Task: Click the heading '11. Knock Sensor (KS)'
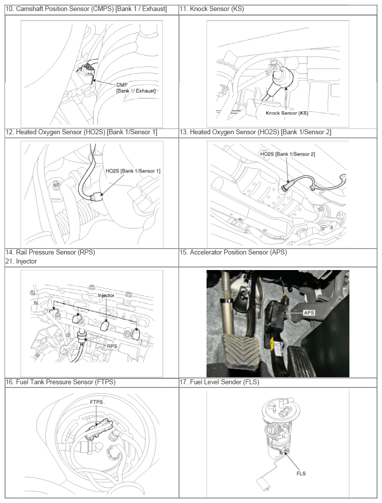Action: [x=212, y=9]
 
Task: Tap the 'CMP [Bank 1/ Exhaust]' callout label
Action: [x=136, y=88]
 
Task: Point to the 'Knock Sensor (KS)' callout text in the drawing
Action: [x=287, y=113]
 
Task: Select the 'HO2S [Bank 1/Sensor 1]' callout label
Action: [x=133, y=171]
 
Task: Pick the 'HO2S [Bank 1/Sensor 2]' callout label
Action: [x=287, y=154]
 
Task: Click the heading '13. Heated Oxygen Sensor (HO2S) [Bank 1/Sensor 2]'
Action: [x=255, y=132]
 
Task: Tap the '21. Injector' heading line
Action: [x=21, y=262]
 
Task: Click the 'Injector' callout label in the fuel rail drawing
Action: [x=106, y=296]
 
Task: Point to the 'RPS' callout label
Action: [x=112, y=346]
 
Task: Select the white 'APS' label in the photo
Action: [x=309, y=313]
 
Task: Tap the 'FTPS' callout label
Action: [x=96, y=402]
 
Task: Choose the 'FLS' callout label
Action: [x=301, y=473]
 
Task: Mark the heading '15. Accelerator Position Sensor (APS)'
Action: [x=233, y=253]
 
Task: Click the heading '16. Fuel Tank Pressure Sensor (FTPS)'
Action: [x=60, y=382]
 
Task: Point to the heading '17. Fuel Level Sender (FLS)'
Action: [x=219, y=382]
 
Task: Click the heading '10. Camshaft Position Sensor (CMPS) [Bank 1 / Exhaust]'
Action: [x=86, y=9]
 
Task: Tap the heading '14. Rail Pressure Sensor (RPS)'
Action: [x=51, y=253]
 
